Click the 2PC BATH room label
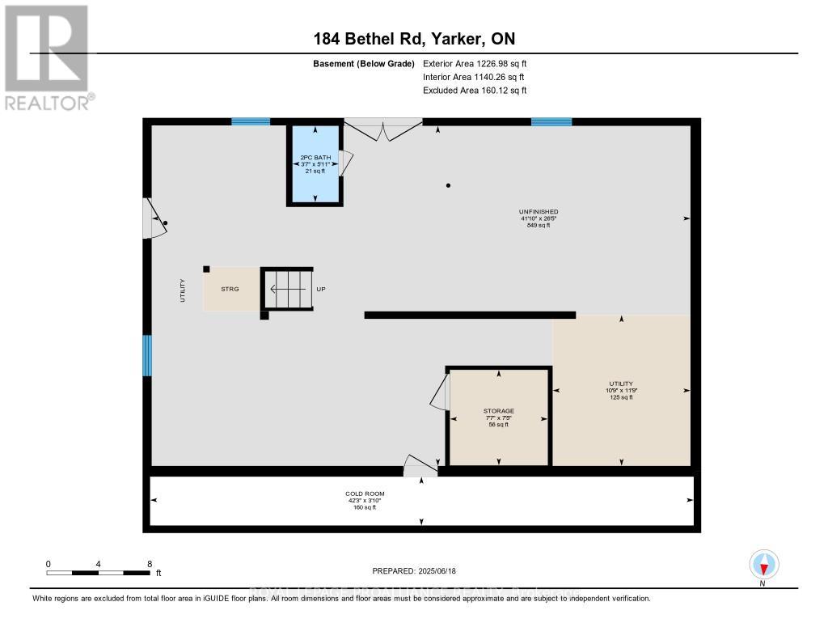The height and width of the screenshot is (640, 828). pos(315,157)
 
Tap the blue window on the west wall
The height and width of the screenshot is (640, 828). pos(147,355)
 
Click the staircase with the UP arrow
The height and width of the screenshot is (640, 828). pos(287,289)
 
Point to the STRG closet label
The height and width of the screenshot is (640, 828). pos(230,289)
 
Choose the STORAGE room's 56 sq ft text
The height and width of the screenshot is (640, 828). pos(499,425)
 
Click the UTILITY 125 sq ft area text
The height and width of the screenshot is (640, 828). pos(621,397)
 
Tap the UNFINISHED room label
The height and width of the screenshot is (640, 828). pos(539,212)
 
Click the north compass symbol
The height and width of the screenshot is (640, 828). pos(763,564)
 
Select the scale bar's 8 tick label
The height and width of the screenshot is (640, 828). pos(149,563)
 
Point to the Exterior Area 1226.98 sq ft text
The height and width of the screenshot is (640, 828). pos(475,63)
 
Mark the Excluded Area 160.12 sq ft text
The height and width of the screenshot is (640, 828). pos(475,91)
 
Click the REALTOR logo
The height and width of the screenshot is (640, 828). pos(47,57)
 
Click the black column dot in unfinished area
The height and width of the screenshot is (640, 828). pos(448,185)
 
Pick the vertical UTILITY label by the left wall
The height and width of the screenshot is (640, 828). pos(183,290)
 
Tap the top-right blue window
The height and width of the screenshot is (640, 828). pos(551,122)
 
